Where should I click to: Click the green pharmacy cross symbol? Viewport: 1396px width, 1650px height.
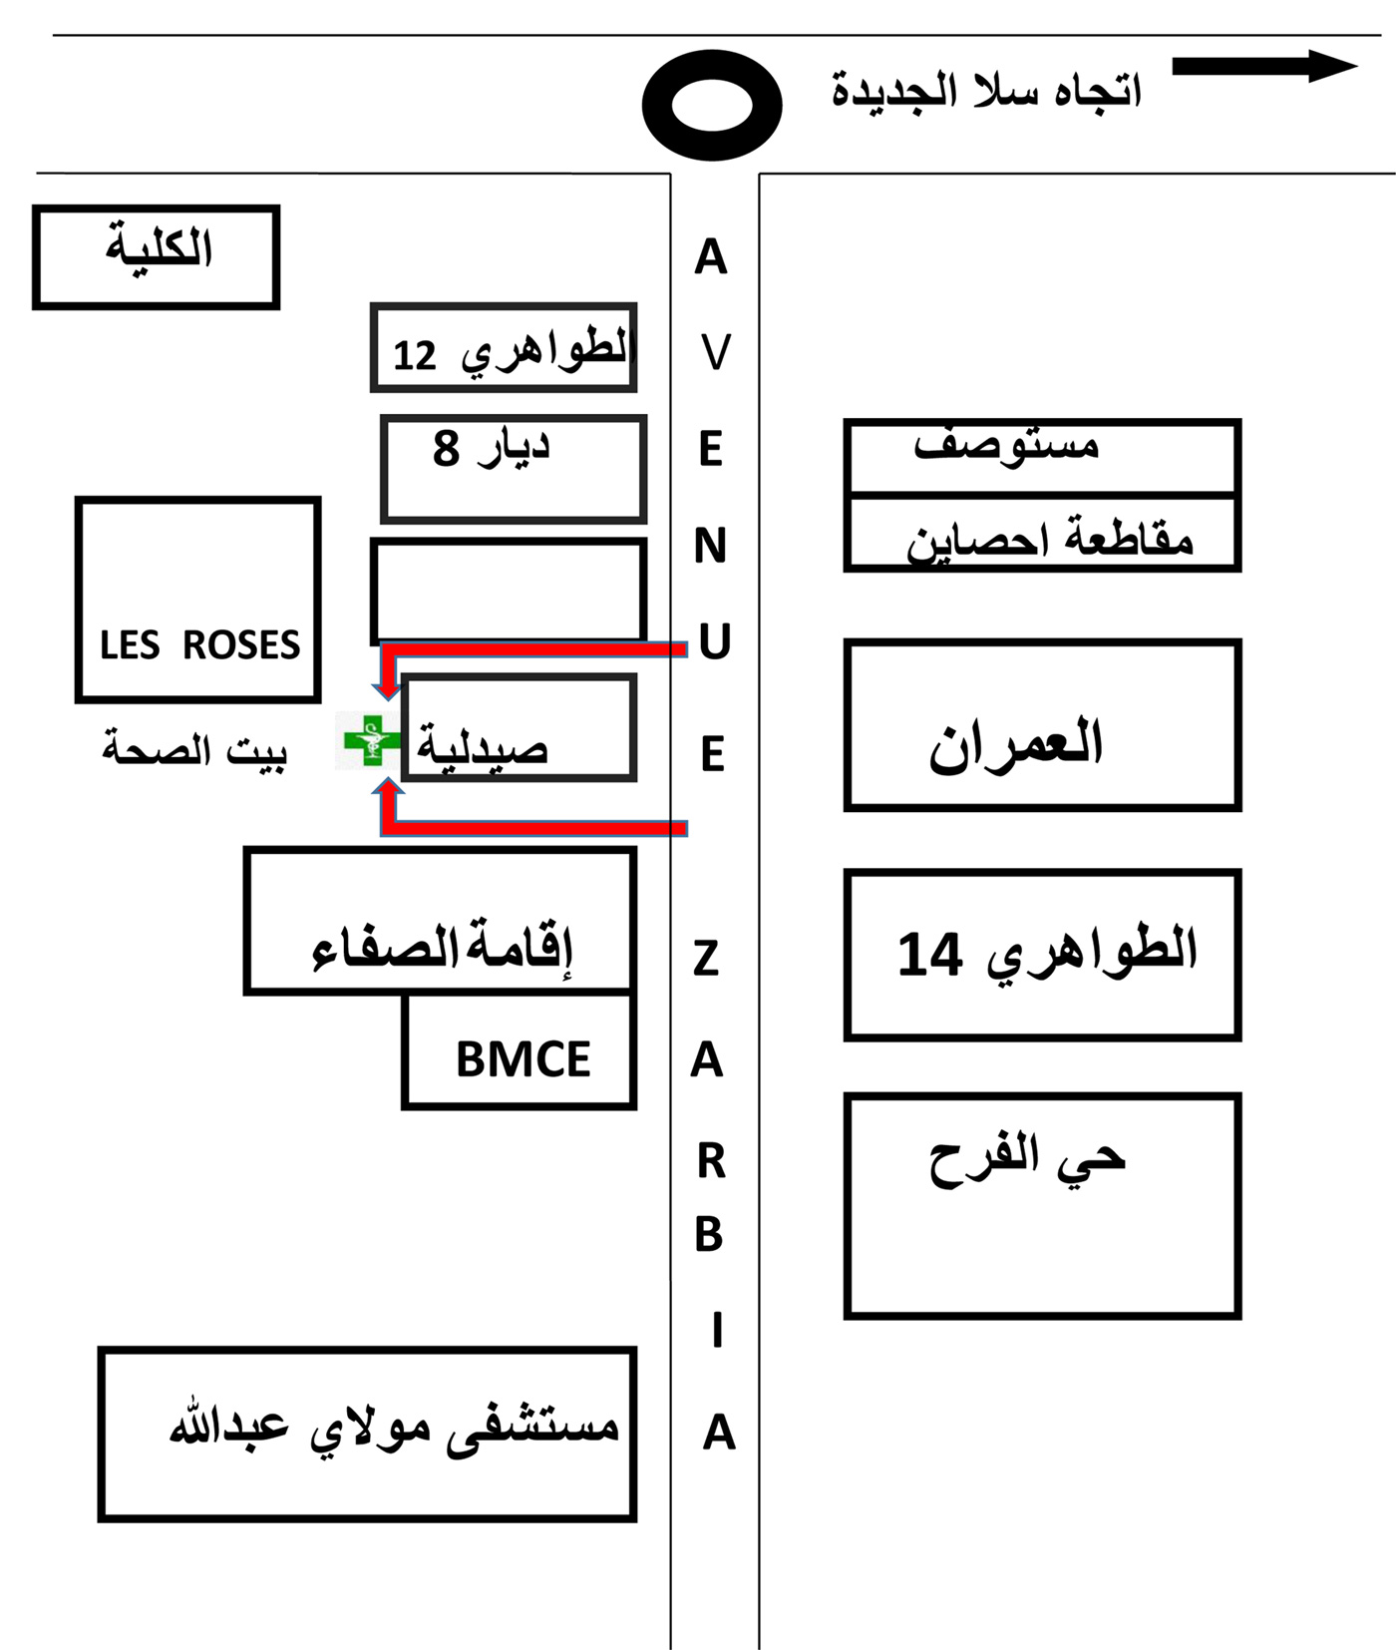click(x=370, y=740)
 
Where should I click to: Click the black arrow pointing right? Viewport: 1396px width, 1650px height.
click(x=1264, y=66)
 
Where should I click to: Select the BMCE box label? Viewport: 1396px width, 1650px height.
click(x=523, y=1059)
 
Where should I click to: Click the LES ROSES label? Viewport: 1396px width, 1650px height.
click(x=199, y=645)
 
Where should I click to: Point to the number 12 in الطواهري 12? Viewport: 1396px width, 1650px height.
click(x=415, y=356)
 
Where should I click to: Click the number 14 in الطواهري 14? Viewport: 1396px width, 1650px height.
click(x=929, y=954)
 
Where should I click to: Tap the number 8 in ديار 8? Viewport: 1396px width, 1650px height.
click(x=446, y=449)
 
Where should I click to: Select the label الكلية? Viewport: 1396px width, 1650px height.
click(x=160, y=246)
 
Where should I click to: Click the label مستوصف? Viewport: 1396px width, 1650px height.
click(x=1007, y=445)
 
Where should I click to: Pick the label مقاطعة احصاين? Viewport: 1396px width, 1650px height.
click(x=1049, y=541)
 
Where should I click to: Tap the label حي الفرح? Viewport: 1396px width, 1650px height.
click(x=1027, y=1159)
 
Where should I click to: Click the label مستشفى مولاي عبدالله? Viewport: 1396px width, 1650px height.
click(x=394, y=1428)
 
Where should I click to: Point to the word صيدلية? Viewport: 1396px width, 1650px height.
click(x=483, y=747)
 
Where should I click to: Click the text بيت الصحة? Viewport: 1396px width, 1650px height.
click(x=194, y=750)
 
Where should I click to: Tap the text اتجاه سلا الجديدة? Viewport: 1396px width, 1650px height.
click(x=986, y=91)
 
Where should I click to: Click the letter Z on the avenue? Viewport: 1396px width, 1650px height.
click(x=706, y=959)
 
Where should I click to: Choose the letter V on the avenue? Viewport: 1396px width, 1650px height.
click(x=715, y=352)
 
